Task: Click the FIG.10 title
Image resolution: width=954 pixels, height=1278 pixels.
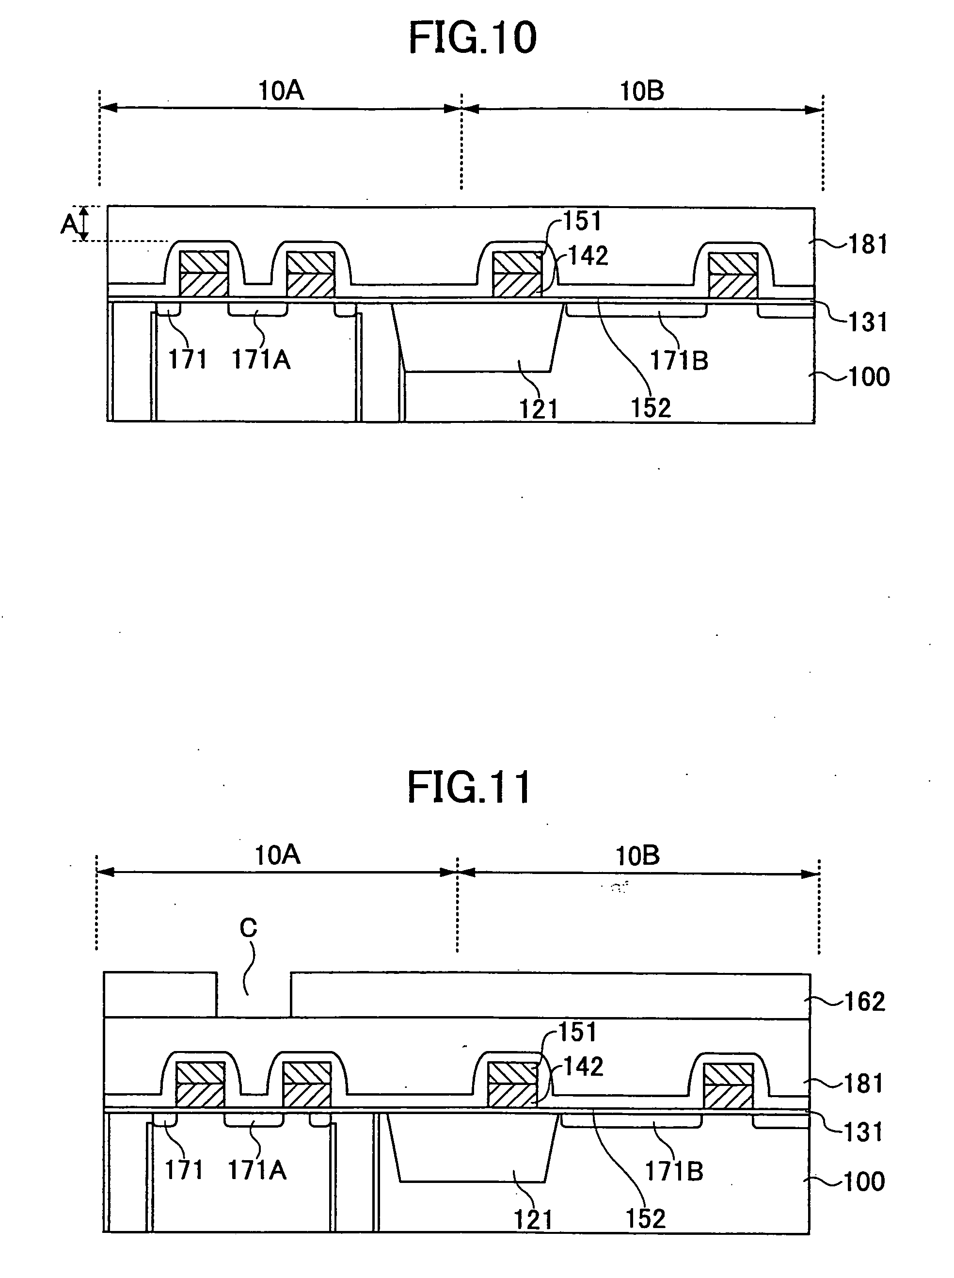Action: [x=472, y=38]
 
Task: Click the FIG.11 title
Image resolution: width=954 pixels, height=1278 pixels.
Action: [x=469, y=788]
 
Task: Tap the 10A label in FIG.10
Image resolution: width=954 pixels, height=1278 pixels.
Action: [x=281, y=91]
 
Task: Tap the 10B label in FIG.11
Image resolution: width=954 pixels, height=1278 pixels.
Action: [x=637, y=856]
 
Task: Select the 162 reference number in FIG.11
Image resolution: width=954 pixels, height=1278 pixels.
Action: [x=864, y=1002]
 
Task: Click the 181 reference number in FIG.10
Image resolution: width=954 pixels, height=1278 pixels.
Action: [x=868, y=244]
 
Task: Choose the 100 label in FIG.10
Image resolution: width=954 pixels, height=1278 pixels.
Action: [x=869, y=377]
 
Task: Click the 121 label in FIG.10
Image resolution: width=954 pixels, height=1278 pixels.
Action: [x=539, y=409]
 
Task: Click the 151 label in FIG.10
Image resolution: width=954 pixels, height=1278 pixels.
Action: [x=582, y=221]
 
